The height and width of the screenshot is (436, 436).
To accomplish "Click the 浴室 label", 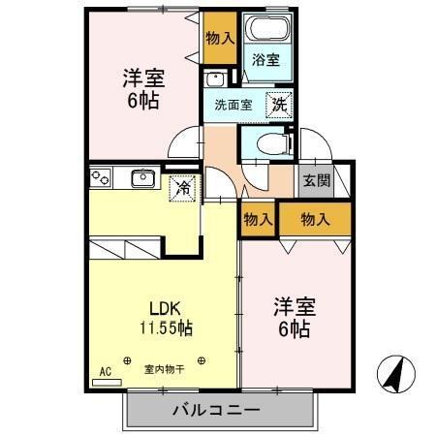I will point(265,60).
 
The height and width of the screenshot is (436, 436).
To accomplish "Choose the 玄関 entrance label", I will point(316,181).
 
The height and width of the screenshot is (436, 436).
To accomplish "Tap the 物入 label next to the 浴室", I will point(220,39).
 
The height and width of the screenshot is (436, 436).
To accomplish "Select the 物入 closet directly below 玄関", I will point(316,219).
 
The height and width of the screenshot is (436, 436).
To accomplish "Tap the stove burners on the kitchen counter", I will point(102,178).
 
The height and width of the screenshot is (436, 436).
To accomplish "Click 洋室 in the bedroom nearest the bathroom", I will point(141,78).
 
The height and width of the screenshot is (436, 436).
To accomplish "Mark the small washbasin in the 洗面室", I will point(215,79).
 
